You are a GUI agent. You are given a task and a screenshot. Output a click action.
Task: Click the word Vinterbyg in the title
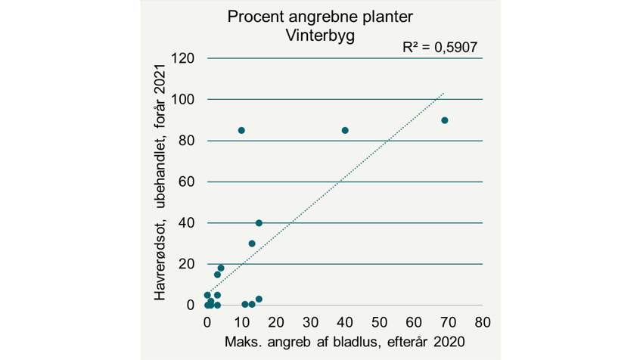point(321,35)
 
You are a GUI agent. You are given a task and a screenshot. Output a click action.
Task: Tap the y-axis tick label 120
point(184,59)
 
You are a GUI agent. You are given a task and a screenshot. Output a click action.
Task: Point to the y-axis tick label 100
point(184,100)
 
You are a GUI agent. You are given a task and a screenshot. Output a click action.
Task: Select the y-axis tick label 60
point(188,182)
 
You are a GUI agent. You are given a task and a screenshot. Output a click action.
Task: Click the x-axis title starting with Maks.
point(345,341)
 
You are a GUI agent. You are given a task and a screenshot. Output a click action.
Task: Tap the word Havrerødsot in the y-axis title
point(161,259)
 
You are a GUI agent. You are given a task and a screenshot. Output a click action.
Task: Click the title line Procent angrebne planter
point(321,17)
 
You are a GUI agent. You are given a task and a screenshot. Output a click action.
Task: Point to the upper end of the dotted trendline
point(443,94)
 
